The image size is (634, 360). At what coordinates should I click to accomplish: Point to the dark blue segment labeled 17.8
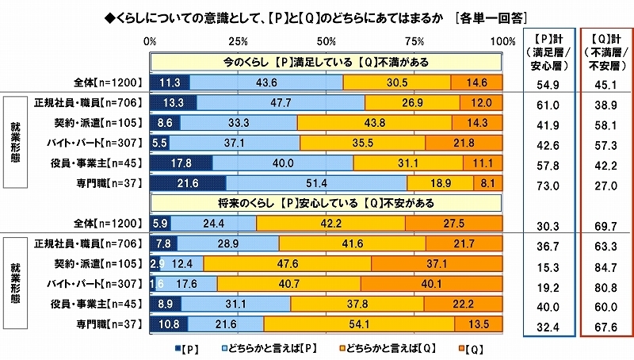pos(181,163)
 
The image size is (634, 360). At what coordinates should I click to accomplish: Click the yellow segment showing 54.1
pos(359,324)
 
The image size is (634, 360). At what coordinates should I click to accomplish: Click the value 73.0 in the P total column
pos(548,183)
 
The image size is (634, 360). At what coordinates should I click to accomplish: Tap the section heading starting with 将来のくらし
pos(325,203)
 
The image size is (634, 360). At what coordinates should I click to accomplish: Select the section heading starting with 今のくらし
pos(325,62)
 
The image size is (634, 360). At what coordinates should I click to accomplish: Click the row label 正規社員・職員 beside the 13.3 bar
pos(87,102)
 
